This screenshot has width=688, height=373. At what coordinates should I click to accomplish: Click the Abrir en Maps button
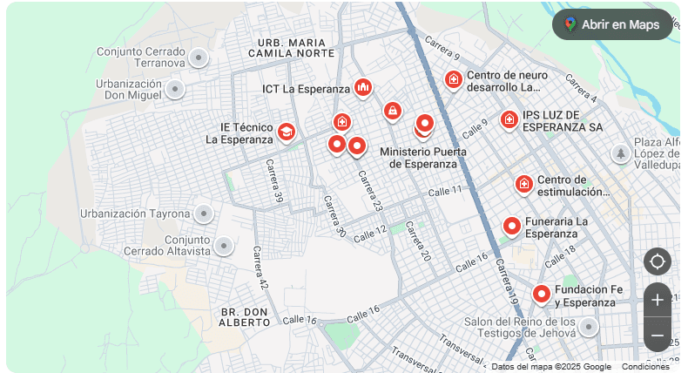(612, 24)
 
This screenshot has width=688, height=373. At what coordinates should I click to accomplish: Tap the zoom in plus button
(658, 300)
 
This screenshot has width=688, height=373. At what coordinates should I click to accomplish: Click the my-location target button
(658, 261)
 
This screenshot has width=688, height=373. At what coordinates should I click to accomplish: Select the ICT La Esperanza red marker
(363, 87)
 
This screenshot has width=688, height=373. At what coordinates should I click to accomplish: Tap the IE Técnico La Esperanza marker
(286, 132)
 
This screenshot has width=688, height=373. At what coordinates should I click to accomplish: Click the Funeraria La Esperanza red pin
(512, 227)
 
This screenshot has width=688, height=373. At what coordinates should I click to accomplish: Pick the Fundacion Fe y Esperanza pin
(542, 294)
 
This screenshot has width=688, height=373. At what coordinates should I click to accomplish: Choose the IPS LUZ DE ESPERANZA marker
(509, 119)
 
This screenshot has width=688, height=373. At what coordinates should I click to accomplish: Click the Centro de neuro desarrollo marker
(453, 80)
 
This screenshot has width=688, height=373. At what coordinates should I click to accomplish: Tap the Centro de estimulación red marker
(523, 184)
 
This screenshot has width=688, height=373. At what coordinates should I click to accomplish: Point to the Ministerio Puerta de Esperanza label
(423, 158)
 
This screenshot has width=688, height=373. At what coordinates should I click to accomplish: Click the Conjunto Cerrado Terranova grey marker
(199, 58)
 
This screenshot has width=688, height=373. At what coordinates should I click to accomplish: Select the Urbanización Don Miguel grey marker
(175, 89)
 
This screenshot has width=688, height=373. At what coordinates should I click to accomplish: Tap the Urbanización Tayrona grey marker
(204, 214)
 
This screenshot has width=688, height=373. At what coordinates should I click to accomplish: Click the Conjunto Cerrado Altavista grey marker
(224, 247)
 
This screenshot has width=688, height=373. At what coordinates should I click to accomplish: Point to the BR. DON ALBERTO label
(245, 316)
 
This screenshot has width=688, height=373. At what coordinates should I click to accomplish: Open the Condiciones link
(645, 367)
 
